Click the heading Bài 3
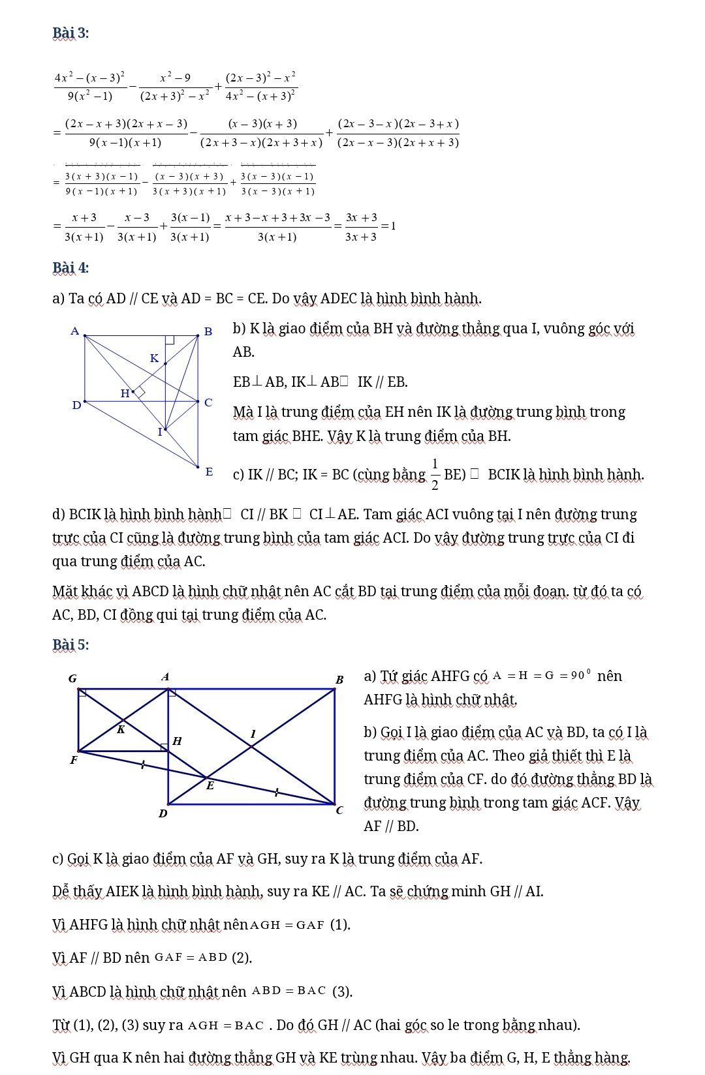tap(70, 33)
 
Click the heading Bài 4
tap(70, 267)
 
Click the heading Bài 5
tap(70, 644)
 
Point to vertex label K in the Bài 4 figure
tap(154, 358)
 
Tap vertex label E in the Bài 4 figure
tap(209, 471)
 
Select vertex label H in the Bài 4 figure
tap(125, 393)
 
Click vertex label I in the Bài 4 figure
tap(159, 432)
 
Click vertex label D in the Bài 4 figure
tap(76, 405)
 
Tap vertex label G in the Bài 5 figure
tap(72, 678)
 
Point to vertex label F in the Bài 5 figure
tap(74, 760)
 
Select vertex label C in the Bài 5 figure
tap(339, 811)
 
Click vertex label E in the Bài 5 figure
tap(210, 786)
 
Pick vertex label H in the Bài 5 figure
tap(177, 741)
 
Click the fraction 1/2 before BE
tap(435, 474)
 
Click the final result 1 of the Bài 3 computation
tap(393, 226)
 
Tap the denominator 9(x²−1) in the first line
tap(90, 96)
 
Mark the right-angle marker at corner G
tap(82, 692)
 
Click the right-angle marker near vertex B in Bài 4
tap(170, 339)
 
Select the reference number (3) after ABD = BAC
tap(342, 992)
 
